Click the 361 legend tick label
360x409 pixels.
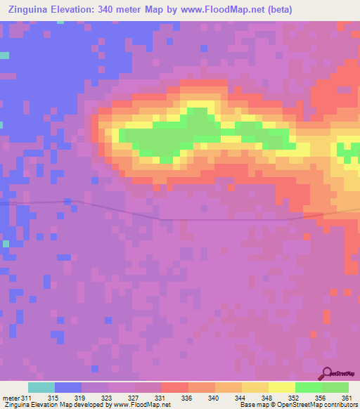click(x=344, y=398)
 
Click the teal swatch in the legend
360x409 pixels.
click(x=41, y=387)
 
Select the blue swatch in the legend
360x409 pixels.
click(x=68, y=387)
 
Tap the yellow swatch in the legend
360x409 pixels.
click(x=281, y=387)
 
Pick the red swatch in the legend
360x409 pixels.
click(x=174, y=387)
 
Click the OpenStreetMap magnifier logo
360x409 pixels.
click(x=327, y=374)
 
